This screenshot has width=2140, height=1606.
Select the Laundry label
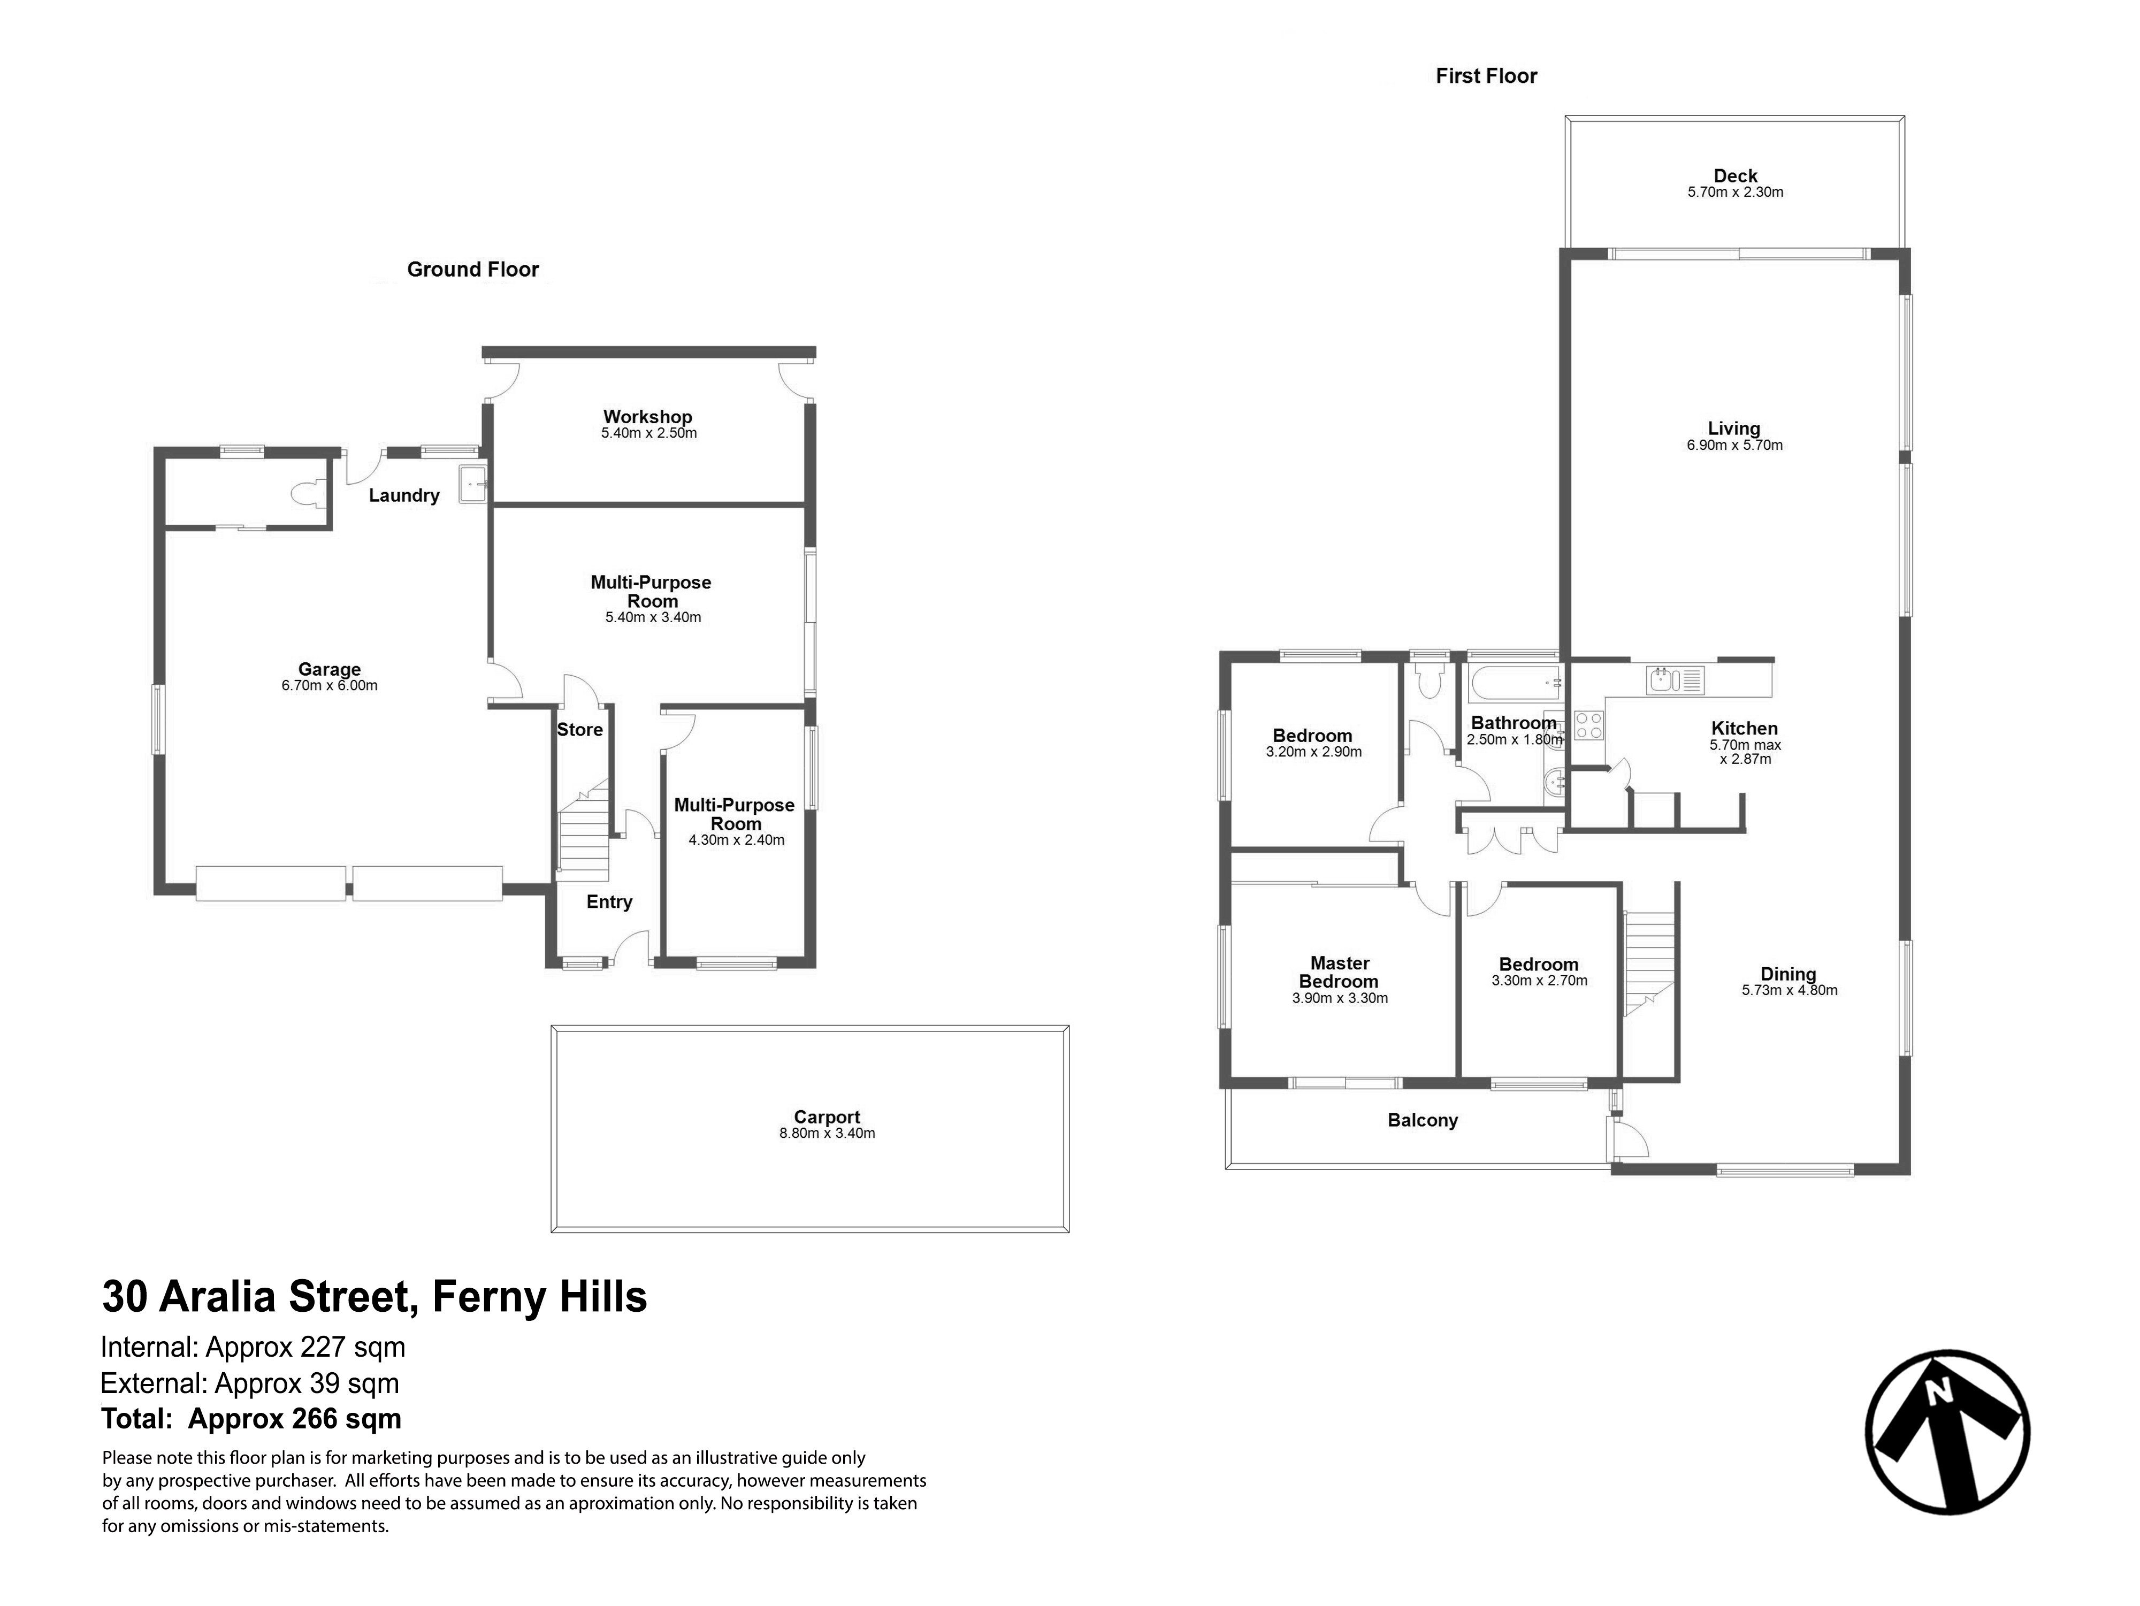tap(404, 495)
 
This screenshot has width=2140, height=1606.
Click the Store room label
tap(579, 730)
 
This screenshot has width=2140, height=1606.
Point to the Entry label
tap(609, 901)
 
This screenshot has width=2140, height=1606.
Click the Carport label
tap(827, 1116)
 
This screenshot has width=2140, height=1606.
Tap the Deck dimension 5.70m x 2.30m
tap(1736, 192)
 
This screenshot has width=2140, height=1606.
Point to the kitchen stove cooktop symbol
tap(1587, 725)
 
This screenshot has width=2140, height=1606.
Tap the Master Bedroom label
tap(1340, 972)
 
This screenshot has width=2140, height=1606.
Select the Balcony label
tap(1422, 1120)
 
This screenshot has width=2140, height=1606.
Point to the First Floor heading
tap(1486, 75)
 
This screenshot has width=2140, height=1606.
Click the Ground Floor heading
tap(473, 269)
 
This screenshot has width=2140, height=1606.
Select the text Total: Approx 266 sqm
tap(251, 1419)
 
